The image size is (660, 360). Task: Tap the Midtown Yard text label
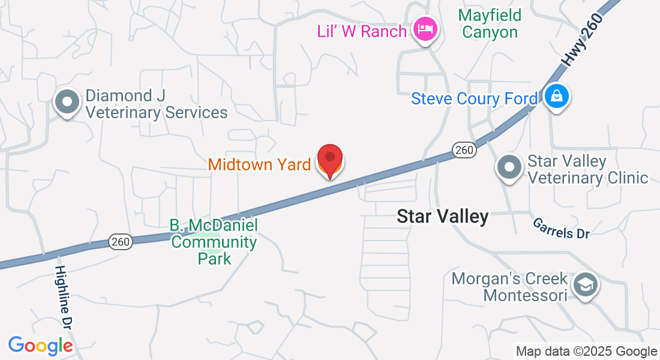click(259, 164)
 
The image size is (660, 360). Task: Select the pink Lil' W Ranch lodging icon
click(425, 29)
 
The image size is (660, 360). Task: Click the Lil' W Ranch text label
click(362, 31)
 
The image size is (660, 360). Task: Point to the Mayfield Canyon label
click(490, 23)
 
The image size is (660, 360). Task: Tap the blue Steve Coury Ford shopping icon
click(557, 96)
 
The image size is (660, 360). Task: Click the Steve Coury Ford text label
click(474, 98)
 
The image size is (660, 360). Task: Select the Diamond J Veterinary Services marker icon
click(67, 102)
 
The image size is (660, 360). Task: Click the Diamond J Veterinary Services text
click(156, 104)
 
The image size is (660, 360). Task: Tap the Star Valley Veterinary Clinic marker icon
click(510, 167)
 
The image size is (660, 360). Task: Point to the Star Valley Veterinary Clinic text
click(587, 169)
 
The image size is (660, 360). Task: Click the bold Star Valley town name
click(443, 217)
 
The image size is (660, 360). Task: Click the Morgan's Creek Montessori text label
click(509, 287)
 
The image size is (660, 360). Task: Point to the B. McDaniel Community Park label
click(214, 242)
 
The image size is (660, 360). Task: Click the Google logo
click(40, 346)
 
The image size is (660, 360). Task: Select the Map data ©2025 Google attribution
click(586, 352)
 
